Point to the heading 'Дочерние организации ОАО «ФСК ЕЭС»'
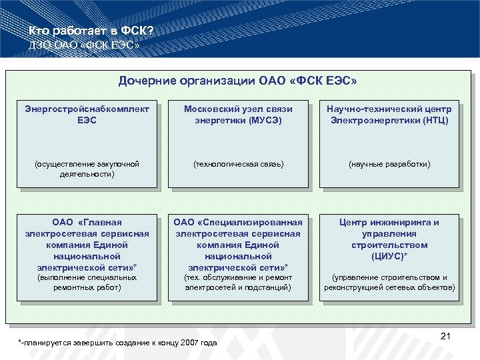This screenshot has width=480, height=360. click(237, 81)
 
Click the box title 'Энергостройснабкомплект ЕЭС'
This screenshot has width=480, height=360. click(87, 114)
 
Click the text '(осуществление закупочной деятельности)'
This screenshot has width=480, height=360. click(87, 169)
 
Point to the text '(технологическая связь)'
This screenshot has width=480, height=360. click(238, 164)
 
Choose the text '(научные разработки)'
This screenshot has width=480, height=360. click(390, 164)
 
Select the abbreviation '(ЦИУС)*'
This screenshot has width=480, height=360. click(390, 255)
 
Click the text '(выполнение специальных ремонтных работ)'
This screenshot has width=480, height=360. click(87, 282)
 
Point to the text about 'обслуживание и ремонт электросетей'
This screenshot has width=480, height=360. click(238, 282)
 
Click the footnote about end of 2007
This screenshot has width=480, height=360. click(119, 343)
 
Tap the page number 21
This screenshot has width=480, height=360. click(446, 337)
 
